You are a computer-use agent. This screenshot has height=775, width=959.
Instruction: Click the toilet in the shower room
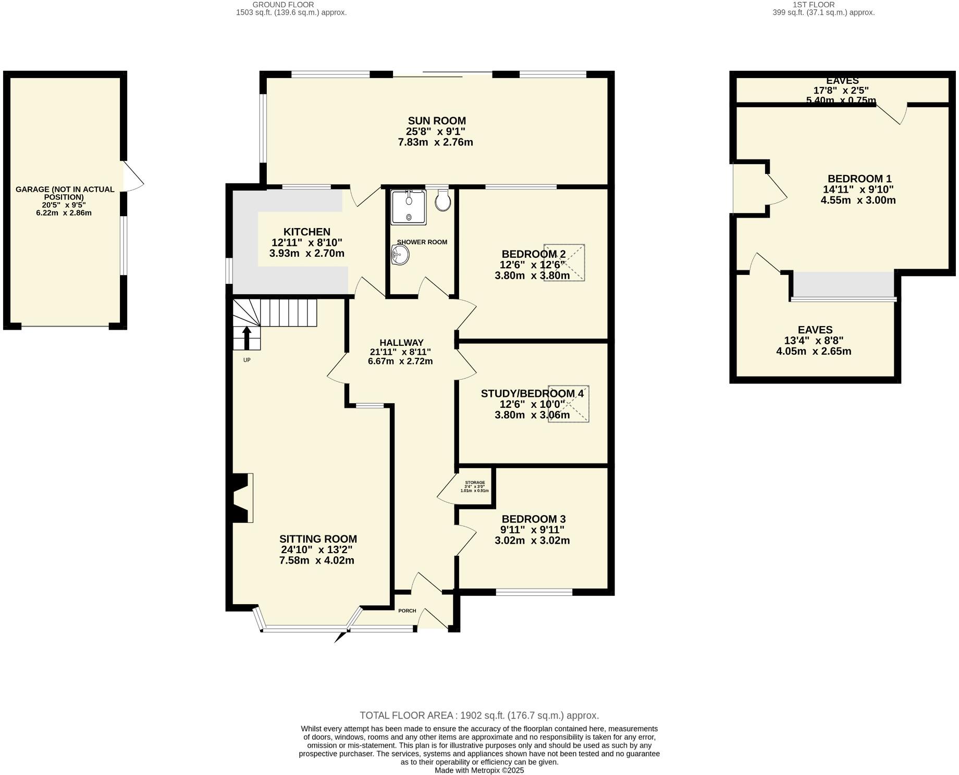(442, 201)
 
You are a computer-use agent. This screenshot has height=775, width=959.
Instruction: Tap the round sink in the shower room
(400, 255)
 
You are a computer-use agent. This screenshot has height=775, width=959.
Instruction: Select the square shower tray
(409, 207)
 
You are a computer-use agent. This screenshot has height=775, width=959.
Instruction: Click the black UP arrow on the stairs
(247, 337)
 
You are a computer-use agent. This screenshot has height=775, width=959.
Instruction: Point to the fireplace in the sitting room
(242, 497)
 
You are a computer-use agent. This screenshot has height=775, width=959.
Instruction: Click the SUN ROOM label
(436, 121)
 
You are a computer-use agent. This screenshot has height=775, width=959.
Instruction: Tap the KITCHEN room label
(306, 232)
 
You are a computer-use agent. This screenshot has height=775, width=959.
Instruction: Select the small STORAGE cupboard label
(475, 483)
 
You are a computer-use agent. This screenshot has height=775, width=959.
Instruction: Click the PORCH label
(407, 610)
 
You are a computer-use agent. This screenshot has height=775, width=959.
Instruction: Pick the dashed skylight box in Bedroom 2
(564, 262)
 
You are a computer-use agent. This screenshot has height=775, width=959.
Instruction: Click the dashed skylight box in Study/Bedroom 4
(568, 404)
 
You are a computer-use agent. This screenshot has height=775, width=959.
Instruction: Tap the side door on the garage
(132, 177)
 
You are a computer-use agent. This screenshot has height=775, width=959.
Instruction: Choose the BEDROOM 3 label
(533, 519)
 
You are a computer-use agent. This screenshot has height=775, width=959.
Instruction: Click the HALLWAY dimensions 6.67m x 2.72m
(400, 361)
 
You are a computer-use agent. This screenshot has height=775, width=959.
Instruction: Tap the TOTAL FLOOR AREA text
(479, 716)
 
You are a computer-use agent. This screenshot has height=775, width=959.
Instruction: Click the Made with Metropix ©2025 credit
(479, 770)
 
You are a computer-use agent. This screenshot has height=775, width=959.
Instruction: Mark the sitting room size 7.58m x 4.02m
(316, 560)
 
